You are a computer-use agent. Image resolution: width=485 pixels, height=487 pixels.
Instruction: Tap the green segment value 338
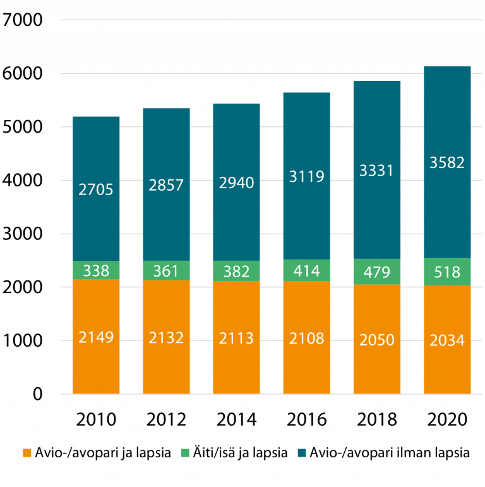click(97, 271)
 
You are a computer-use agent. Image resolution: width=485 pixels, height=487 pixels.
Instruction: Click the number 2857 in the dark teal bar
click(166, 185)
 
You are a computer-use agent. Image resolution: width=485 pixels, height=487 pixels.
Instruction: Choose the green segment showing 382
click(236, 271)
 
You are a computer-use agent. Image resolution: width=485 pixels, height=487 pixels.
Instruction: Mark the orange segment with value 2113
click(236, 339)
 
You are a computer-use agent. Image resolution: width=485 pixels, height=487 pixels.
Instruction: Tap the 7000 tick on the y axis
click(23, 21)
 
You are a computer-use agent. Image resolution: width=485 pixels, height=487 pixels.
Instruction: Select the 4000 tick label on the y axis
click(23, 181)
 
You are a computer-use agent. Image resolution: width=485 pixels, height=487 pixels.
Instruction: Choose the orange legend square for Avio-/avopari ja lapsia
click(27, 453)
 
